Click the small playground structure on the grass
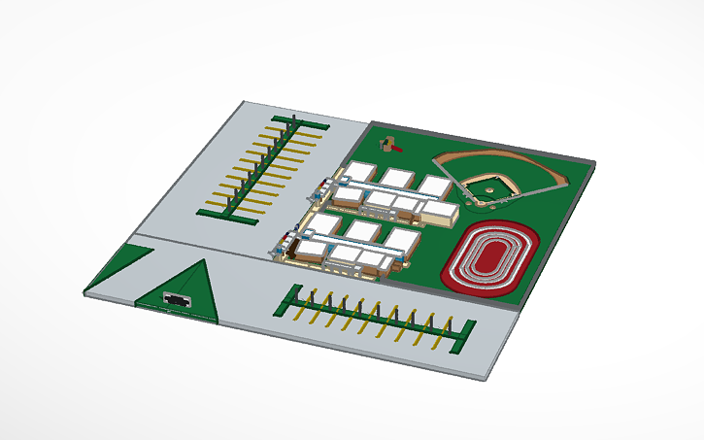click(x=391, y=145)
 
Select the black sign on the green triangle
click(x=177, y=299)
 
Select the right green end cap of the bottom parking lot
click(x=462, y=333)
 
